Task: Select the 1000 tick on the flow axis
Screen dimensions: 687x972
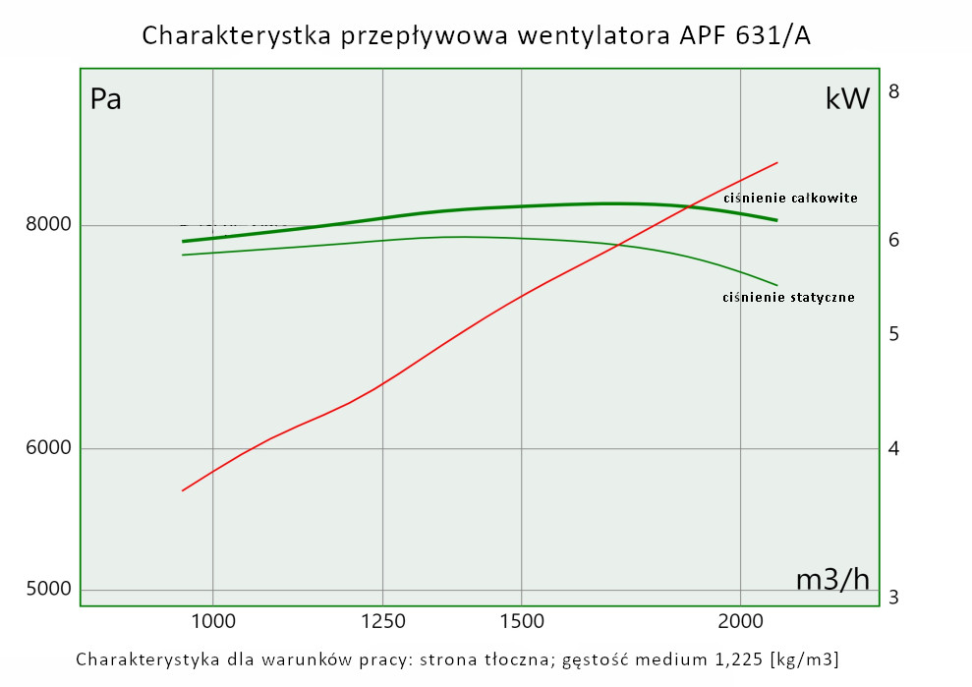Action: tap(213, 621)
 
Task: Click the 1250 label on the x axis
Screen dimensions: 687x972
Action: tap(382, 621)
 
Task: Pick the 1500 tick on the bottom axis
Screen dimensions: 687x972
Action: tap(521, 621)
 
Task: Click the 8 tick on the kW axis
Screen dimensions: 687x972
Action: tap(893, 92)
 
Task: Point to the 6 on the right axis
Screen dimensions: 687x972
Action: tap(893, 240)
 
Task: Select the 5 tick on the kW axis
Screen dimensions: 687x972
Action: tap(893, 334)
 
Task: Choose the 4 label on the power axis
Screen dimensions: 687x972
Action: tap(893, 449)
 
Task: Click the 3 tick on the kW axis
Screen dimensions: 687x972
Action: tap(893, 598)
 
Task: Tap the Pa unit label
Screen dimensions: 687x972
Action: tap(106, 99)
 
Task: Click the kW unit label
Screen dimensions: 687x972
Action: tap(847, 99)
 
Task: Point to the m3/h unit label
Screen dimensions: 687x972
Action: tap(832, 580)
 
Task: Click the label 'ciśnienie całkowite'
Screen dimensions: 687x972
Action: tap(790, 198)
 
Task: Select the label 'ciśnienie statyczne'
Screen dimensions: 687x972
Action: tap(788, 297)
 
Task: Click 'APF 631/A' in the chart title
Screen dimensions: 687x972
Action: tap(746, 35)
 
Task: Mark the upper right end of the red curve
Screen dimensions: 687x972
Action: tap(777, 162)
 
